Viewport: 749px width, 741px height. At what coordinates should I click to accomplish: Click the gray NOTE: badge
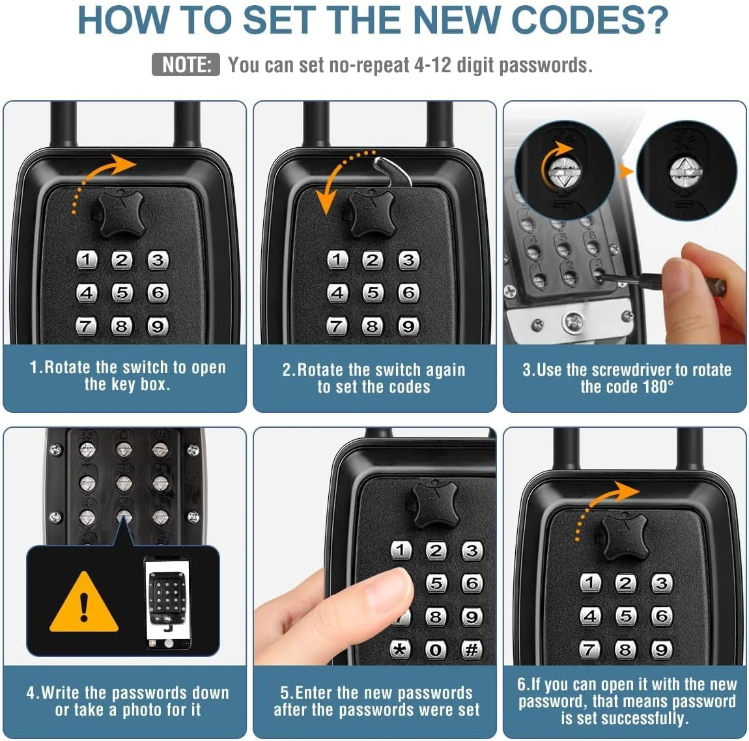(x=186, y=64)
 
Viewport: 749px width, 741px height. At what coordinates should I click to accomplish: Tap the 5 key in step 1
(x=122, y=293)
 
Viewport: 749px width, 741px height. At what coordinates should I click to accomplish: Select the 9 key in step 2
(x=408, y=327)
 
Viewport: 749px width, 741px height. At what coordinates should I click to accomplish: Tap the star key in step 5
(x=400, y=650)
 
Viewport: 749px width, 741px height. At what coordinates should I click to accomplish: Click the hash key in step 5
(x=472, y=650)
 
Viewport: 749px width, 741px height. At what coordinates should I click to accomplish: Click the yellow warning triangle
(x=84, y=602)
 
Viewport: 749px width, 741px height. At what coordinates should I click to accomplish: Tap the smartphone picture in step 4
(x=167, y=602)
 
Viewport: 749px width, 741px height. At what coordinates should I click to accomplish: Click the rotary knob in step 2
(x=372, y=215)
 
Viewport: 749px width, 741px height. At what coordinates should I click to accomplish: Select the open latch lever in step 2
(x=393, y=172)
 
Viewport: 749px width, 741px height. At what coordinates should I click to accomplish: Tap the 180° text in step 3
(x=658, y=387)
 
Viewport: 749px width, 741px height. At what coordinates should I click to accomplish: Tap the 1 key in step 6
(x=590, y=583)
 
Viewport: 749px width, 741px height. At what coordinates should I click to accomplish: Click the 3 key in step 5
(x=472, y=550)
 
